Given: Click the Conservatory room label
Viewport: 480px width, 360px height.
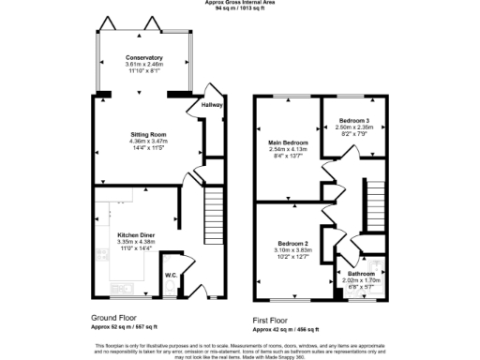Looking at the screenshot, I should click(144, 57).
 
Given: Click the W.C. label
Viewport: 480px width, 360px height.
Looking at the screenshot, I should click(172, 276).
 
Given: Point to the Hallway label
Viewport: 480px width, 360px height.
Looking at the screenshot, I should click(213, 105).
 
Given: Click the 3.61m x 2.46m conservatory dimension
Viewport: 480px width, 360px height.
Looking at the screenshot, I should click(144, 64).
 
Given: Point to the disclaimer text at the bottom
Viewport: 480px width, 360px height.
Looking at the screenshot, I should click(240, 350).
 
